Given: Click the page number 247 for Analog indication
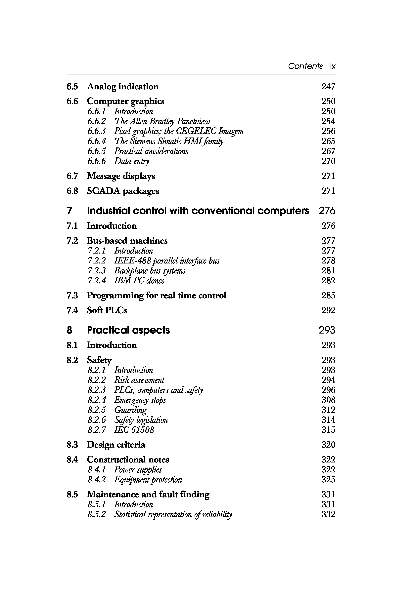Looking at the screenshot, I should click(328, 87).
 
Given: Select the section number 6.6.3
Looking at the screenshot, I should click(97, 131).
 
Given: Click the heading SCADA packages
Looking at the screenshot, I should click(123, 191).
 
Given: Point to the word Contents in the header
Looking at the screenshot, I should click(305, 66).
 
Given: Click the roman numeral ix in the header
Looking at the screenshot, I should click(333, 66).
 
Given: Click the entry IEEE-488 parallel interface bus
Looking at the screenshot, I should click(166, 261).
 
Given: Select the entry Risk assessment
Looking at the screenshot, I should click(139, 380).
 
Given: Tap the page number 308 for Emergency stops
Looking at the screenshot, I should click(328, 400).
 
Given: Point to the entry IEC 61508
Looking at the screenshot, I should click(134, 430).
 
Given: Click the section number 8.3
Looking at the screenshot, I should click(72, 445).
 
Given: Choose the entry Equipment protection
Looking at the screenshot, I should click(148, 480).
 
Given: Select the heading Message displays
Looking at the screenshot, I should click(121, 176).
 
